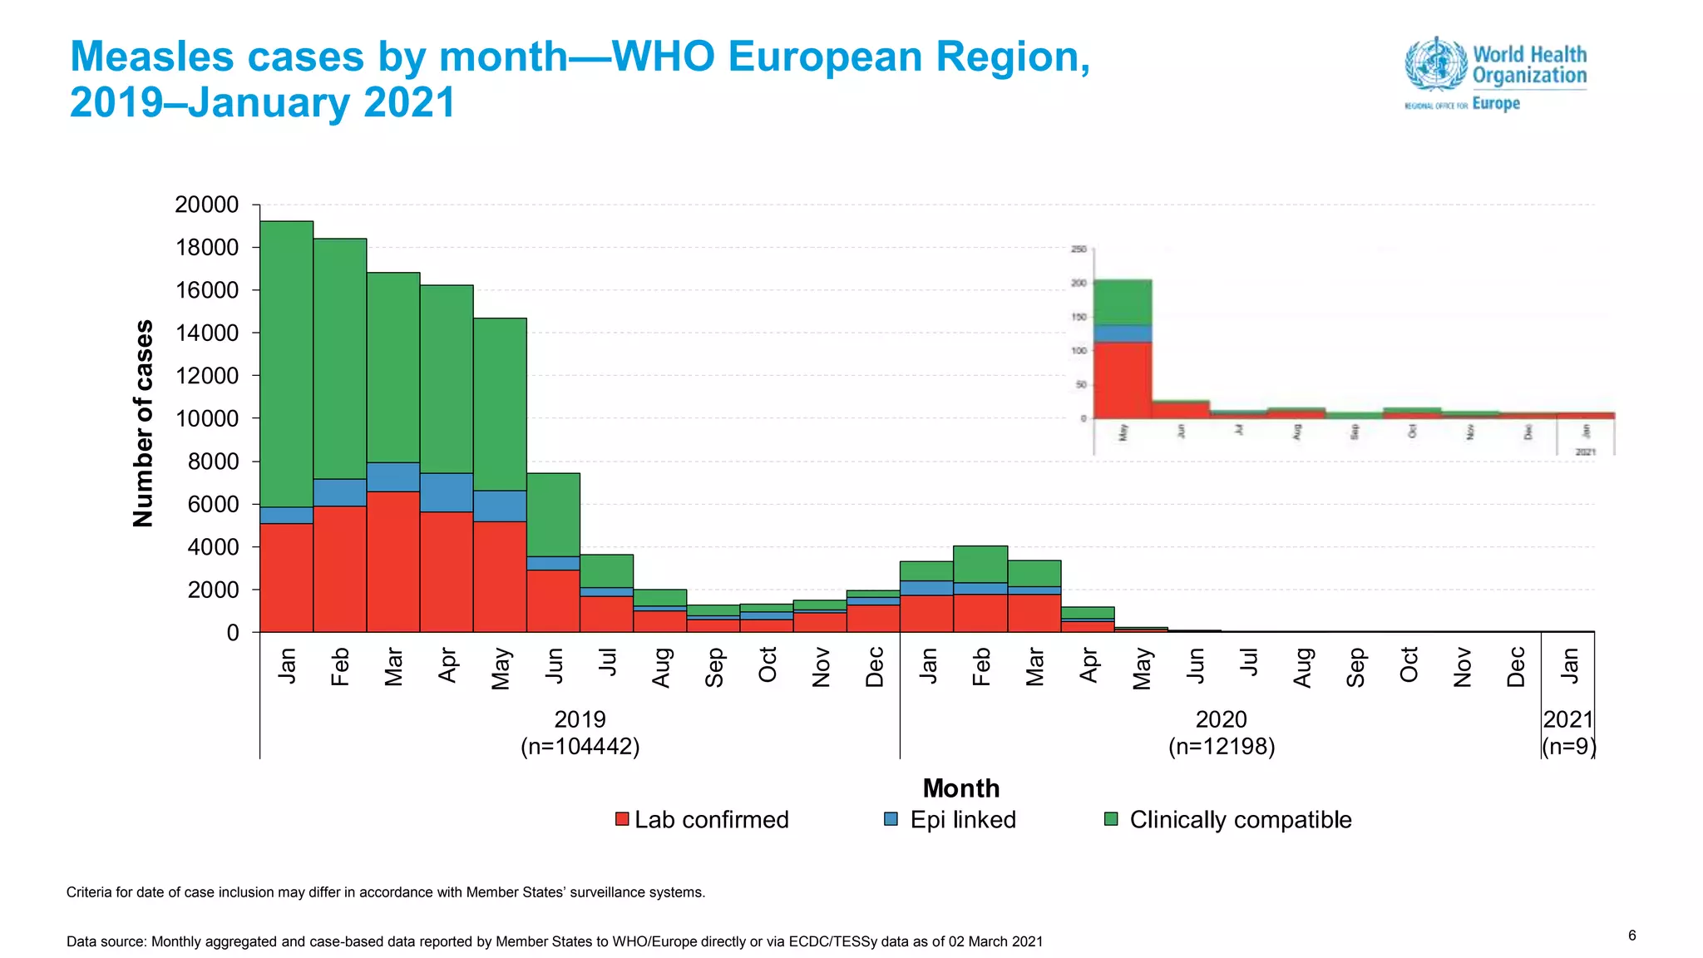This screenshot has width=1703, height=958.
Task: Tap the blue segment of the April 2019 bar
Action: click(447, 492)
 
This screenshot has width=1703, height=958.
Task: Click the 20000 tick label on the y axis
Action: click(207, 205)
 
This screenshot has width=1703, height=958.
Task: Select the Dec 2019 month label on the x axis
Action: click(874, 667)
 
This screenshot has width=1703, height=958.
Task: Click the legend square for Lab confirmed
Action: click(622, 819)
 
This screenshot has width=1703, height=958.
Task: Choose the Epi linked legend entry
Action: click(962, 820)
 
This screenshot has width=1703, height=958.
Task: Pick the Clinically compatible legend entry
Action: click(1240, 820)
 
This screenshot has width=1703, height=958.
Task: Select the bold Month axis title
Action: click(960, 788)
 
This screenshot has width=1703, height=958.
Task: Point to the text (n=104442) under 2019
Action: click(580, 746)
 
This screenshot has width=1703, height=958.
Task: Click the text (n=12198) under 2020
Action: click(1221, 746)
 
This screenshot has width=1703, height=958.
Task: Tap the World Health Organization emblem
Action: click(1436, 63)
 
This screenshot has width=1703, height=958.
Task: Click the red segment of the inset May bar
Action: click(1123, 380)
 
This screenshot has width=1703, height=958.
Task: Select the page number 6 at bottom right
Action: click(1631, 936)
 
